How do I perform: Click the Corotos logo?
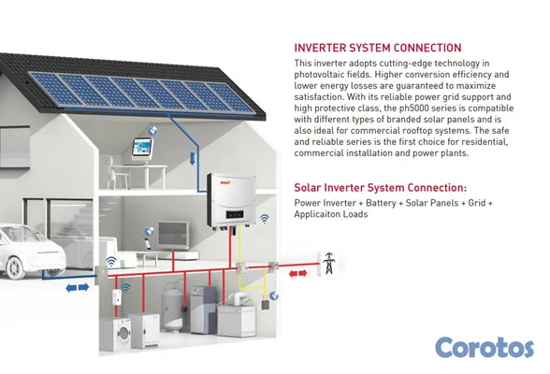[x=485, y=348]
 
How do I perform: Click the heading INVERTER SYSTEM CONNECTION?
[x=378, y=48]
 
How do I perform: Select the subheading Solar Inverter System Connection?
[x=380, y=188]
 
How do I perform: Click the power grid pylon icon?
[x=329, y=264]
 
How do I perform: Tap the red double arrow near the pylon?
[x=297, y=273]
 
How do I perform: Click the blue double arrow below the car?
[x=78, y=288]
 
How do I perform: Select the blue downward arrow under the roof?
[x=193, y=158]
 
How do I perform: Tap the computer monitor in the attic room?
[x=142, y=150]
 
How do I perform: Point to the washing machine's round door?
[x=123, y=331]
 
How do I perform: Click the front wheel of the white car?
[x=15, y=267]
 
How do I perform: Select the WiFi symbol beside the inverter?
[x=265, y=219]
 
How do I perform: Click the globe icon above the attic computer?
[x=152, y=130]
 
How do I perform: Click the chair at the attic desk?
[x=114, y=173]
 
